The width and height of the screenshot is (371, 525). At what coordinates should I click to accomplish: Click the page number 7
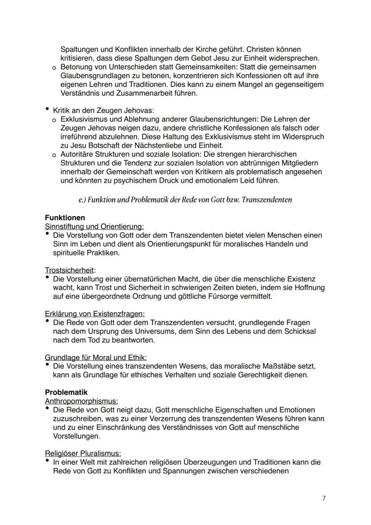pos(324,498)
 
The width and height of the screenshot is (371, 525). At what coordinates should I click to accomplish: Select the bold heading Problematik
pos(66,392)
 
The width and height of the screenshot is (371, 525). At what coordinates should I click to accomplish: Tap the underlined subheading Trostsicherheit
pos(70,270)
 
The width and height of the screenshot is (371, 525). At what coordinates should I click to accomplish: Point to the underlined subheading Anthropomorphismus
pos(82,401)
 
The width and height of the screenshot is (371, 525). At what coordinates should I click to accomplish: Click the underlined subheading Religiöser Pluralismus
pos(83,453)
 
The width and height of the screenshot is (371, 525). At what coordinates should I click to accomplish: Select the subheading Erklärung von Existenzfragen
pos(95,313)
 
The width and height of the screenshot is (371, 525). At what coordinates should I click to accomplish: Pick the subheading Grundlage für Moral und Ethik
pos(96,357)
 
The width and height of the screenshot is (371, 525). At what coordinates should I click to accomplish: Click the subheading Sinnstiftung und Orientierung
pos(94,226)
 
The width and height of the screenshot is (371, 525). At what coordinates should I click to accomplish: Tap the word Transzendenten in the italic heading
pos(267,200)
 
